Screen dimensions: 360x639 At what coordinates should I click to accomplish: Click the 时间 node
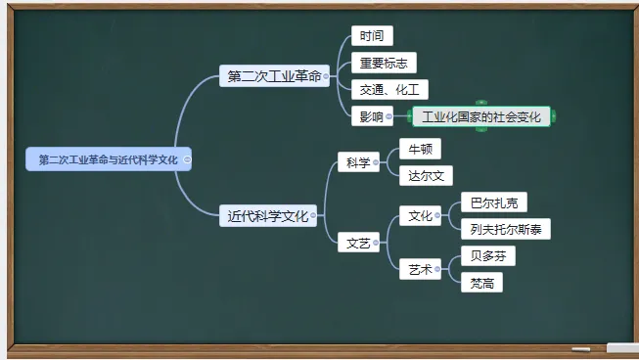point(371,36)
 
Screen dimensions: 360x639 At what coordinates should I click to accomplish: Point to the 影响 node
point(370,116)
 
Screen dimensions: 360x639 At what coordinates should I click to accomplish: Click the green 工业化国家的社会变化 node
point(481,116)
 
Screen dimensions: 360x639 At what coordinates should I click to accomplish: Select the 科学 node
point(357,162)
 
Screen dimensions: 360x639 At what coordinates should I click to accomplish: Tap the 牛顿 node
point(420,149)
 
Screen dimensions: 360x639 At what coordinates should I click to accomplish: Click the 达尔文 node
point(426,175)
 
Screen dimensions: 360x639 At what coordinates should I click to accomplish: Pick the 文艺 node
point(357,243)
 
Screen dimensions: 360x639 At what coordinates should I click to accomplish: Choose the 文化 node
point(420,216)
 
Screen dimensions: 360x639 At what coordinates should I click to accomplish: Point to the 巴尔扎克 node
point(493,202)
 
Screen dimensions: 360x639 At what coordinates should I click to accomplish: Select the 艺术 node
point(420,269)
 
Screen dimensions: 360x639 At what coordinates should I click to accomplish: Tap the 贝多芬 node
point(487,256)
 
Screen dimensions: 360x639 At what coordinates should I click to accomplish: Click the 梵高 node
point(481,283)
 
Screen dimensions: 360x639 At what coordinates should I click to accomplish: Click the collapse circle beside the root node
point(187,158)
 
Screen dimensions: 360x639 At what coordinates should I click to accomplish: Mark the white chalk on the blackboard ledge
point(620,347)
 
